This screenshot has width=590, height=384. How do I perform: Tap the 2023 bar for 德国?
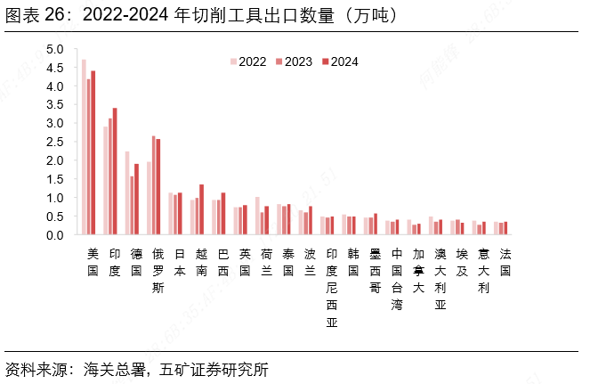click(x=132, y=206)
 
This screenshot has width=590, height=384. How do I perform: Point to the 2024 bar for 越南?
click(x=201, y=210)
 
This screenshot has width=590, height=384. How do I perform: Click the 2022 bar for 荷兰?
click(x=257, y=217)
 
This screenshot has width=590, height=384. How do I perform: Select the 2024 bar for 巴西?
click(x=223, y=215)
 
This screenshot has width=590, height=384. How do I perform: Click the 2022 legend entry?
click(x=248, y=61)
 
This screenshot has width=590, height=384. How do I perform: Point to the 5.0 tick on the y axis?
click(x=55, y=49)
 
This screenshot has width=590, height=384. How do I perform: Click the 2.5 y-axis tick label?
click(x=55, y=143)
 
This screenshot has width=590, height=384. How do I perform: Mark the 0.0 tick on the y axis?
click(x=55, y=235)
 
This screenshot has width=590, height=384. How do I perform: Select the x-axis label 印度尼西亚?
click(x=332, y=288)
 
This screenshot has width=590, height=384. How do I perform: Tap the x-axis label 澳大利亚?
click(x=440, y=279)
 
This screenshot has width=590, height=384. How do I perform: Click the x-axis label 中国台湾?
click(x=397, y=279)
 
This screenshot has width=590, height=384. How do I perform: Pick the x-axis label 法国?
click(x=505, y=262)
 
